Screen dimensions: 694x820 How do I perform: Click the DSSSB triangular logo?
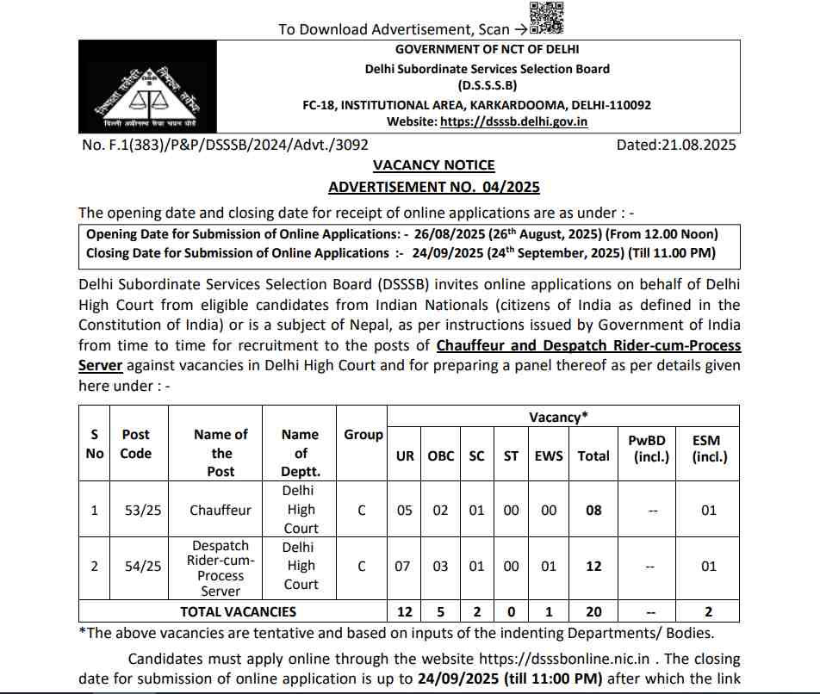[x=146, y=85]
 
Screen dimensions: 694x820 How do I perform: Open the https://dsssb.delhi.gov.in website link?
[x=513, y=121]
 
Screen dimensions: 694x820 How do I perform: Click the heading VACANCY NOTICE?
[x=433, y=164]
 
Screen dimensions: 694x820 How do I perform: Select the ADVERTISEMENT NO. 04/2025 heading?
[x=433, y=187]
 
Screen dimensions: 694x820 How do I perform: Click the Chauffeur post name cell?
[x=221, y=510]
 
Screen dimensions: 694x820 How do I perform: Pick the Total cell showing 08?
[x=593, y=510]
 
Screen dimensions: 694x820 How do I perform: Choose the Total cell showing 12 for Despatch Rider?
[x=593, y=567]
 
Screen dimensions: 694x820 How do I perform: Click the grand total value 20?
[x=593, y=611]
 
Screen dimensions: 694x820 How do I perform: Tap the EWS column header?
[x=550, y=455]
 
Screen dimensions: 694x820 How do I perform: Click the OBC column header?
[x=441, y=455]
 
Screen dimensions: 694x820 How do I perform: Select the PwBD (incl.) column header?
[x=651, y=448]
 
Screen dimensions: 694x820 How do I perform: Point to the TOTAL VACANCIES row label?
[x=238, y=611]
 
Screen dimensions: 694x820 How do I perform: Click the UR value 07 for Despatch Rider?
[x=405, y=567]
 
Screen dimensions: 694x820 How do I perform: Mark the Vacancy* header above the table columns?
[x=558, y=417]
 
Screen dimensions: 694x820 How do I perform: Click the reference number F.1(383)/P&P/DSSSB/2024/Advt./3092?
[x=225, y=145]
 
